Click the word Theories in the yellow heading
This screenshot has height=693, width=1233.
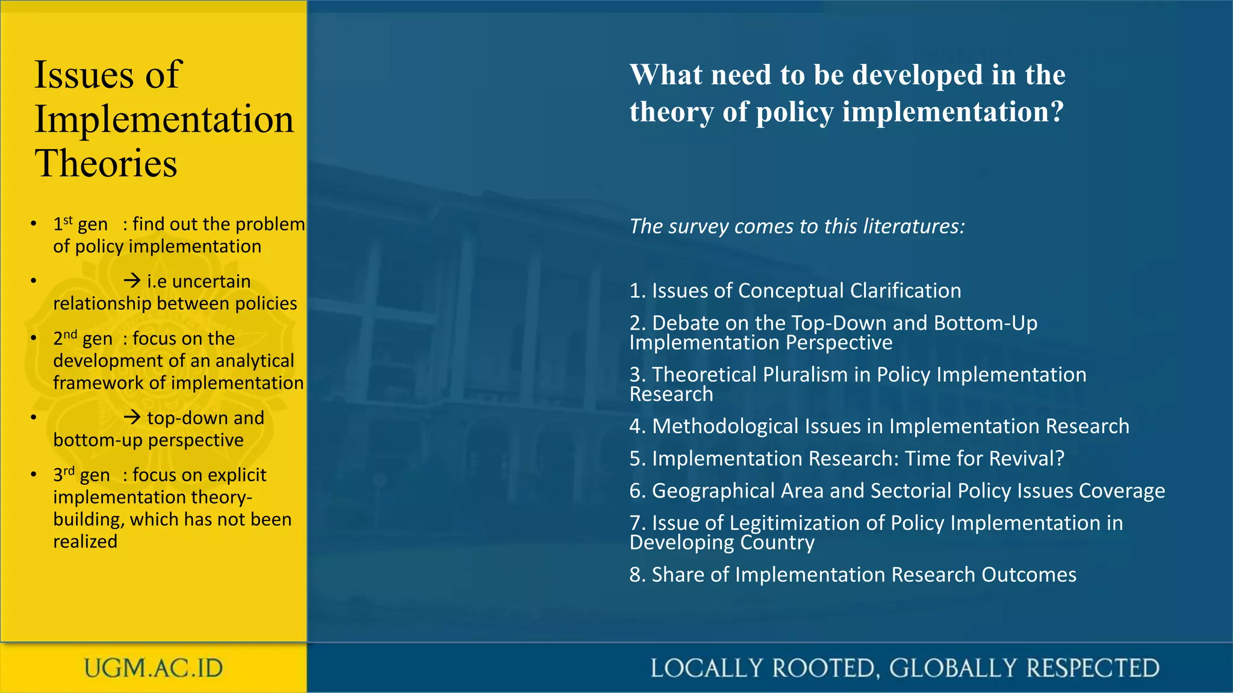pos(106,164)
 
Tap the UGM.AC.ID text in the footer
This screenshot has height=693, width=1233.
pos(154,668)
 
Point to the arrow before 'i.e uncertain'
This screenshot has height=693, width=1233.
pos(132,281)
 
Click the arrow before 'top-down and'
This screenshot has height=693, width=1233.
pos(132,417)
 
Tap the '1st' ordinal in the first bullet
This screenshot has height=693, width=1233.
pos(63,224)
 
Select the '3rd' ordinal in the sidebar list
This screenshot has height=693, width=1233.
pos(64,475)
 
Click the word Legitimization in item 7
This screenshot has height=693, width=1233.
pos(795,523)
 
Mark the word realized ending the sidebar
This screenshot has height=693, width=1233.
pos(85,541)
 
